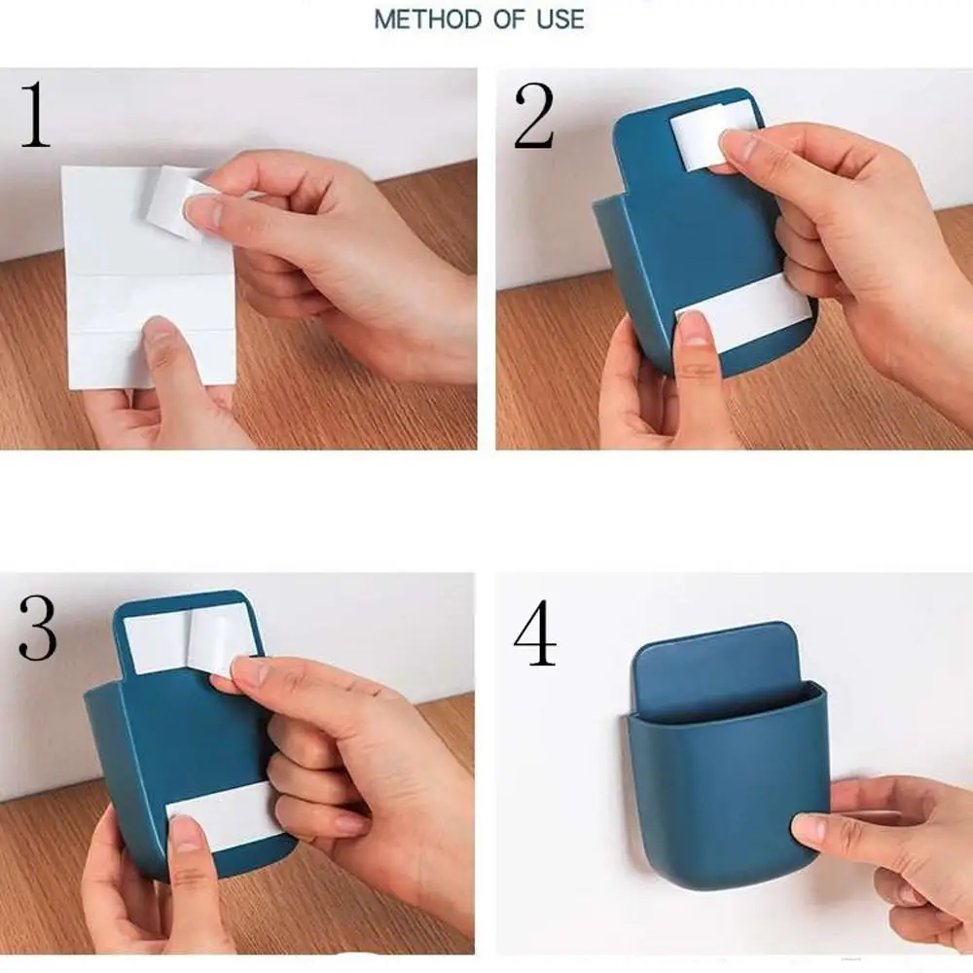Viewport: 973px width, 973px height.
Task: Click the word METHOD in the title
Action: (428, 19)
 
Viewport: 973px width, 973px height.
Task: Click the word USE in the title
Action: (560, 19)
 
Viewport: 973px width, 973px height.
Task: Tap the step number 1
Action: (35, 114)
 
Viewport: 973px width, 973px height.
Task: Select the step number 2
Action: (533, 116)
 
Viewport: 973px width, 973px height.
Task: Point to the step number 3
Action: (37, 628)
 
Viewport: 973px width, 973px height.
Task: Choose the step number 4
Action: (535, 632)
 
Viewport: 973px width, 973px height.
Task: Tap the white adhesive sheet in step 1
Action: (149, 277)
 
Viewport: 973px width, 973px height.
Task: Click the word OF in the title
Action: (510, 19)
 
